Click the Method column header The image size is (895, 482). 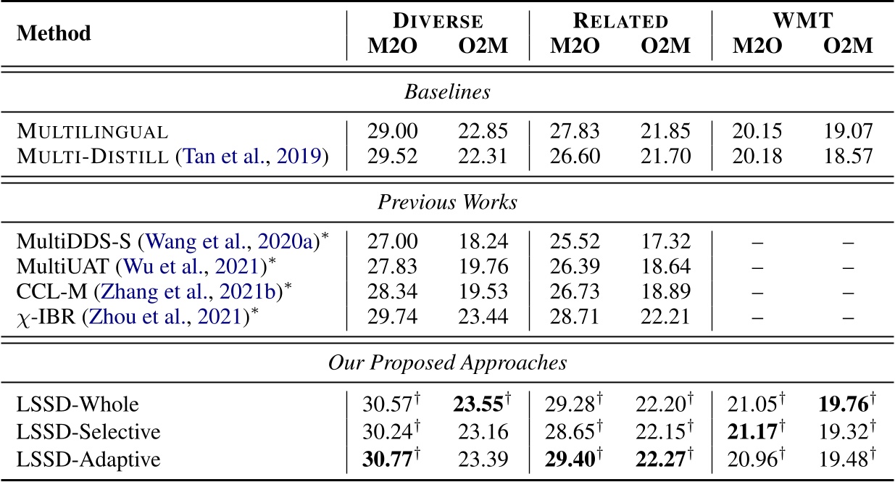pyautogui.click(x=54, y=33)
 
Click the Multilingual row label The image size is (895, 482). pyautogui.click(x=92, y=132)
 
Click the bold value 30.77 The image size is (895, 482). pyautogui.click(x=389, y=460)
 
